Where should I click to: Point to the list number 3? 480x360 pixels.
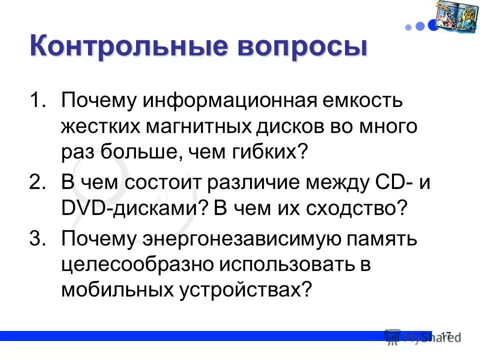click(37, 238)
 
